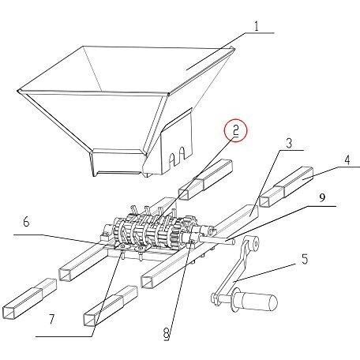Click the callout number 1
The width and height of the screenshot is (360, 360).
click(257, 26)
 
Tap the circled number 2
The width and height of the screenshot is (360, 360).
click(235, 131)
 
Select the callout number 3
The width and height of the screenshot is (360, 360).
click(289, 143)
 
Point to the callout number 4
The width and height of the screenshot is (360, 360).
click(347, 160)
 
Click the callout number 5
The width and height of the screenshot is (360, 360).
click(304, 259)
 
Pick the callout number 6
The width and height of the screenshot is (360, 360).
click(26, 222)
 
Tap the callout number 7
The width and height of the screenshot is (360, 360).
click(52, 320)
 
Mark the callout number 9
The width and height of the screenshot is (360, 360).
click(323, 197)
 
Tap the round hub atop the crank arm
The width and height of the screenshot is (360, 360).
click(253, 243)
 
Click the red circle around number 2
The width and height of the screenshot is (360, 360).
click(236, 131)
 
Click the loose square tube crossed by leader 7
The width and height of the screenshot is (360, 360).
click(111, 306)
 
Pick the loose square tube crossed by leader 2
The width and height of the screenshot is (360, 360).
click(205, 179)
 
